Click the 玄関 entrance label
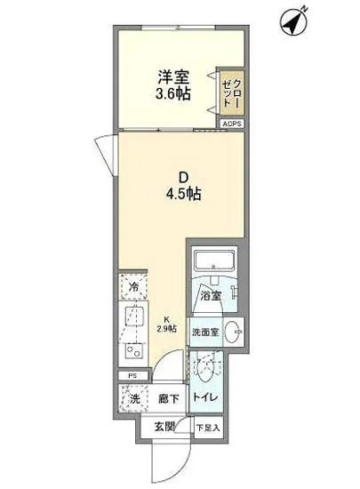[165, 426]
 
